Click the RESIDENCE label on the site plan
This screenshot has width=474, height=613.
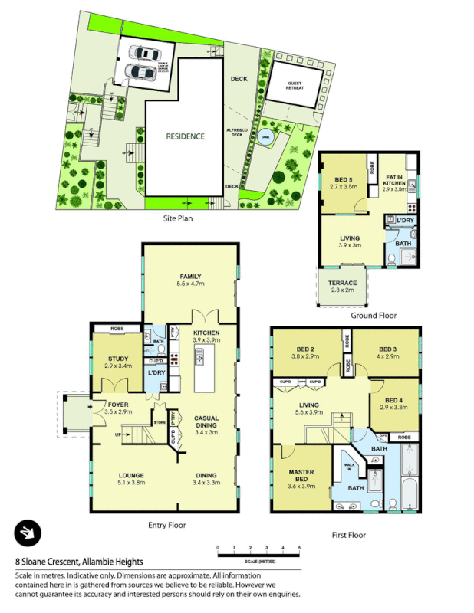(186, 136)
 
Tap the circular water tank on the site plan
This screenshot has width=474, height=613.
(266, 137)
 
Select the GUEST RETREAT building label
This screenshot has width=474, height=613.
(295, 86)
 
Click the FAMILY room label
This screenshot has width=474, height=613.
(190, 276)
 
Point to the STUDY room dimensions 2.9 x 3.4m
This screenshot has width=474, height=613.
(118, 366)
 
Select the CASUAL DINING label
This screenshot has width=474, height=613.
(206, 421)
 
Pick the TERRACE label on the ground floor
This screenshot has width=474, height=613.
(343, 283)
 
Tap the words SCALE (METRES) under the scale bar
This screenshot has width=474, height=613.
(258, 562)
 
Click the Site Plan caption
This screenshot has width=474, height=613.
(178, 218)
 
